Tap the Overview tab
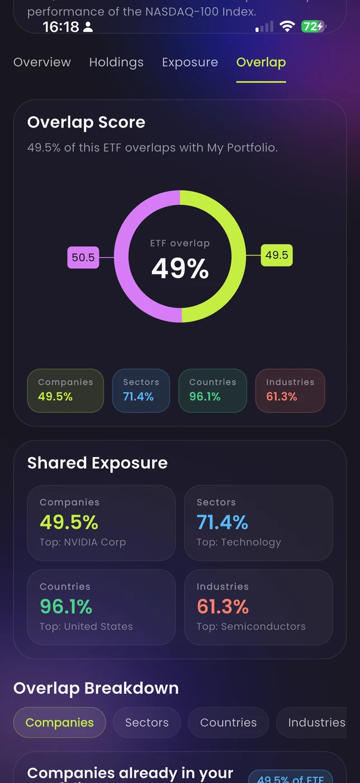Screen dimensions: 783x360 pyautogui.click(x=42, y=62)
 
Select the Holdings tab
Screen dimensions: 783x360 pyautogui.click(x=116, y=62)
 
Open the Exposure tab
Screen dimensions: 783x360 pyautogui.click(x=190, y=62)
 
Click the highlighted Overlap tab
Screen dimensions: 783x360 pyautogui.click(x=261, y=62)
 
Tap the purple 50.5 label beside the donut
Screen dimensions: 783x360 pyautogui.click(x=83, y=258)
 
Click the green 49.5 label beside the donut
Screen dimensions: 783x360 pyautogui.click(x=277, y=255)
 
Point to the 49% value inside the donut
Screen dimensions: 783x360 pyautogui.click(x=180, y=268)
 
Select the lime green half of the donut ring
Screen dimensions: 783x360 pyautogui.click(x=238, y=257)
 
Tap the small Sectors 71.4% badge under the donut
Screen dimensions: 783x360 pyautogui.click(x=141, y=390)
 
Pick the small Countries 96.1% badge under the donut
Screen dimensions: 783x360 pyautogui.click(x=212, y=390)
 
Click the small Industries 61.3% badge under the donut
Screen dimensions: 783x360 pyautogui.click(x=290, y=390)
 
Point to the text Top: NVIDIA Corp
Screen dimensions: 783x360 pyautogui.click(x=83, y=542)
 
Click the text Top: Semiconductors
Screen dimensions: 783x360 pyautogui.click(x=251, y=626)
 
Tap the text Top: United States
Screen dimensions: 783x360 pyautogui.click(x=86, y=626)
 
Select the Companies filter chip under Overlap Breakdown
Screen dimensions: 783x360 pyautogui.click(x=59, y=723)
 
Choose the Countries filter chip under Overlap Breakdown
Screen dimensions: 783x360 pyautogui.click(x=228, y=723)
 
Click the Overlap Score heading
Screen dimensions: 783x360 pyautogui.click(x=86, y=122)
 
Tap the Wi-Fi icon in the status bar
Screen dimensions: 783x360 pyautogui.click(x=287, y=26)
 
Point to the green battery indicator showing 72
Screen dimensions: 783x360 pyautogui.click(x=313, y=26)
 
